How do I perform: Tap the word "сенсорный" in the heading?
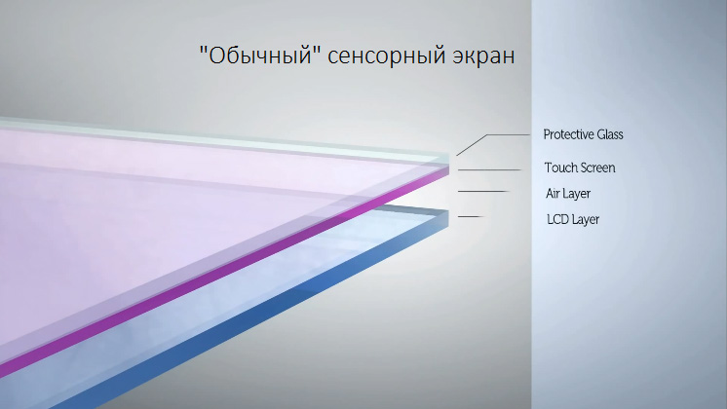pyautogui.click(x=386, y=56)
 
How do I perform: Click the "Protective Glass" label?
pyautogui.click(x=583, y=134)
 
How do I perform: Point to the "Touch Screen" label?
pyautogui.click(x=580, y=167)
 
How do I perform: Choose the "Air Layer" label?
pyautogui.click(x=568, y=194)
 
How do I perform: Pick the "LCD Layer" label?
pyautogui.click(x=573, y=219)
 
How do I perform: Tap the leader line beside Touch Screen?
pyautogui.click(x=489, y=170)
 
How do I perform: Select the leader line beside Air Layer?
pyautogui.click(x=483, y=191)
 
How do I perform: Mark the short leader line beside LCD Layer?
pyautogui.click(x=471, y=216)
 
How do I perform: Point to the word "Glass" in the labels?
pyautogui.click(x=610, y=134)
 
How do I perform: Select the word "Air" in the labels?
pyautogui.click(x=553, y=193)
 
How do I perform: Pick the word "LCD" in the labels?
pyautogui.click(x=557, y=219)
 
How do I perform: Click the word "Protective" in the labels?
pyautogui.click(x=568, y=134)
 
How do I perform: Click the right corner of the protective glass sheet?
pyautogui.click(x=449, y=156)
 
